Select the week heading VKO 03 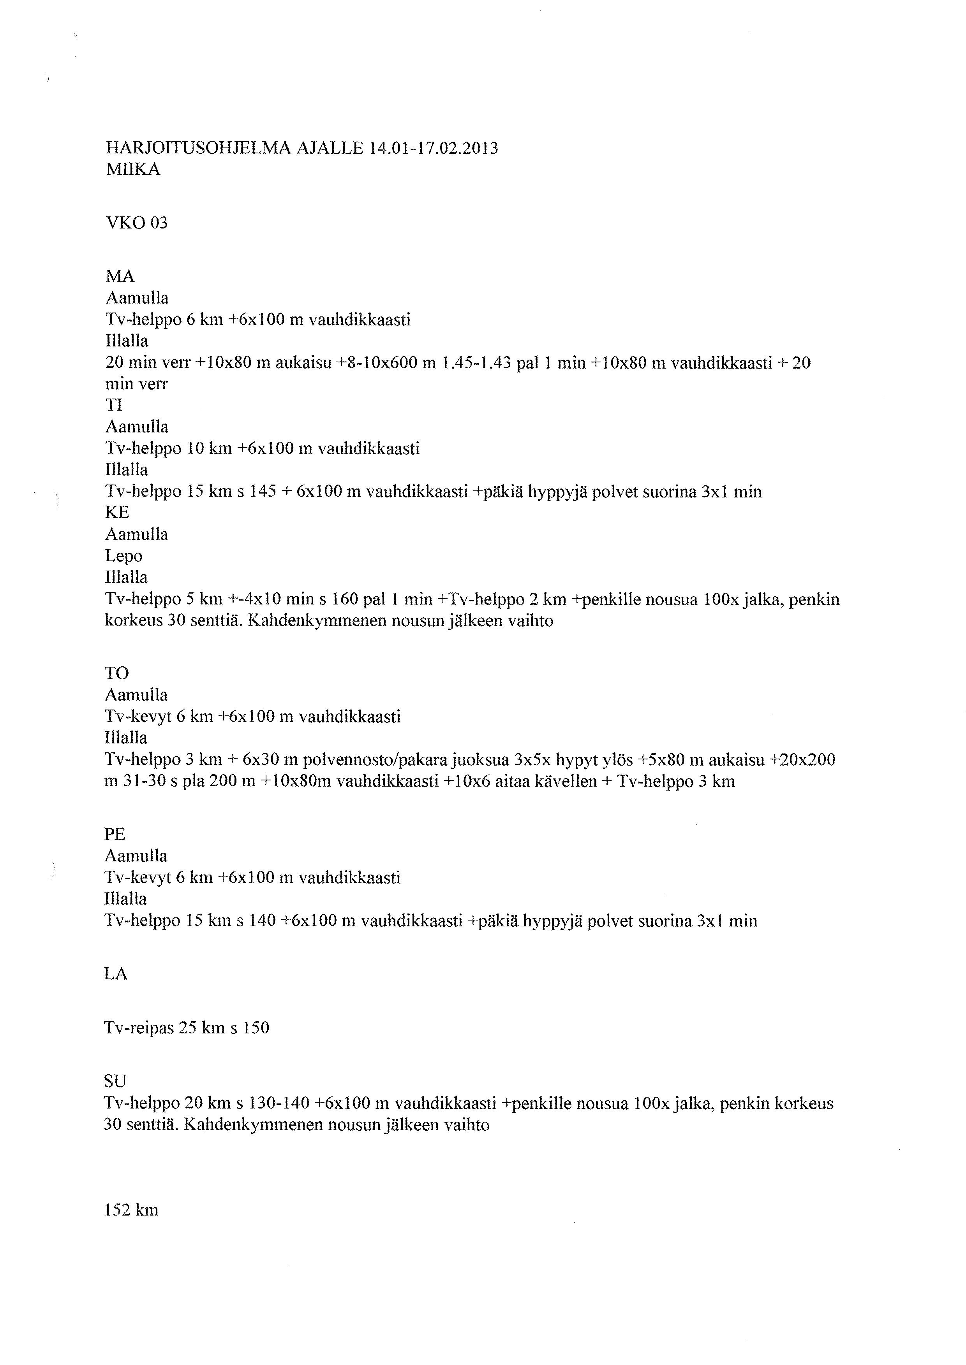coord(136,223)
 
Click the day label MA coord(120,276)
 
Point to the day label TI coord(114,406)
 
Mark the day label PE coord(115,835)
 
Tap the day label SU coord(115,1081)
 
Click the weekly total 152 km coord(131,1210)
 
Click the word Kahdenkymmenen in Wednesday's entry coord(305,621)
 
